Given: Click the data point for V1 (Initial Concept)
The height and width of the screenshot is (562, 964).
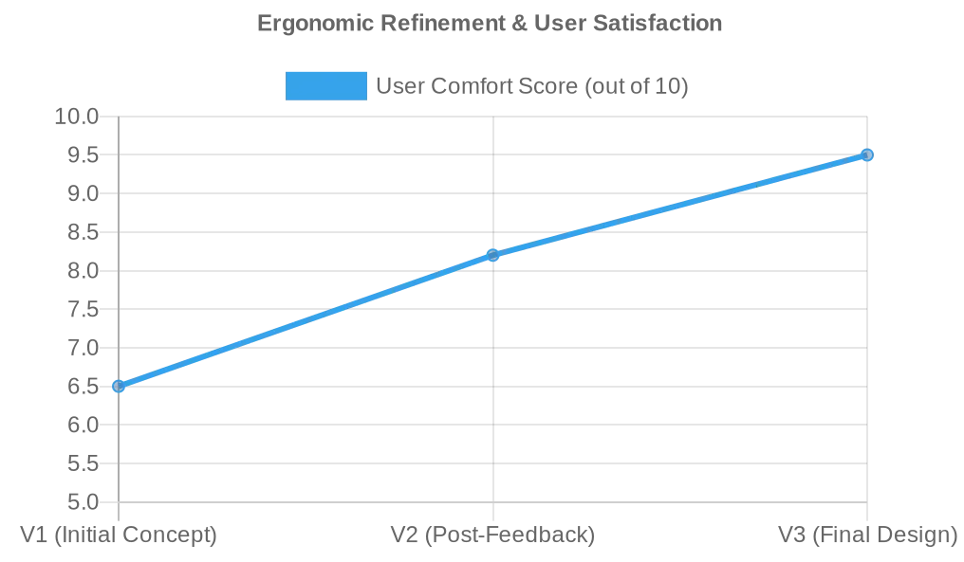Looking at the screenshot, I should [x=119, y=386].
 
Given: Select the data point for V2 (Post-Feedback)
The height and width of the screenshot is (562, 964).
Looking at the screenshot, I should [x=492, y=255].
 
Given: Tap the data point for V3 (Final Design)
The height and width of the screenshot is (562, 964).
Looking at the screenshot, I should [x=866, y=154].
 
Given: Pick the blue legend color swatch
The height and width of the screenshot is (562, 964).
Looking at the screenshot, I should [x=325, y=86].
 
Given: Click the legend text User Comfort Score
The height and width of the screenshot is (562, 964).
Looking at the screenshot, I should [x=531, y=86].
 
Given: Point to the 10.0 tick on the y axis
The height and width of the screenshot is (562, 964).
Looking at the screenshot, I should [x=77, y=117].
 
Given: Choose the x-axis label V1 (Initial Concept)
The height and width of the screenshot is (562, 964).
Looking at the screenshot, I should [x=119, y=535].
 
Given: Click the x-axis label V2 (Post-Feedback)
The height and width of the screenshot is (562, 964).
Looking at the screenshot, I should [x=492, y=535].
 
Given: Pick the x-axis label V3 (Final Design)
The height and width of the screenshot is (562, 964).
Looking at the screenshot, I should [x=867, y=535].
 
